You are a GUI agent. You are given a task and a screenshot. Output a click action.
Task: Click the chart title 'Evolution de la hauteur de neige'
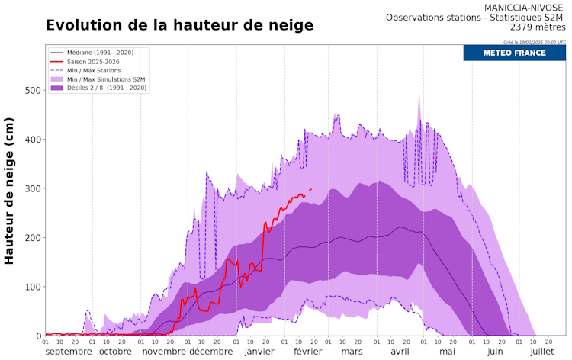coord(179,25)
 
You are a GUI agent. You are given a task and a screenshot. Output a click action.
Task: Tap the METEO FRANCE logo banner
coord(514,53)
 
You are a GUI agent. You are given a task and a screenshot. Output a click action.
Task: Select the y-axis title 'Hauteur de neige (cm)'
coord(10,191)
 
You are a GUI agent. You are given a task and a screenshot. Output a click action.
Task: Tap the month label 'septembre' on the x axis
coord(69,352)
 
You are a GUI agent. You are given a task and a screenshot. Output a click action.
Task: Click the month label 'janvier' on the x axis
coord(259,352)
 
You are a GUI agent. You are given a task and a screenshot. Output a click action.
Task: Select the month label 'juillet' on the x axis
coord(542,352)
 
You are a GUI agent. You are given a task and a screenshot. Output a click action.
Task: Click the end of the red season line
coord(311,188)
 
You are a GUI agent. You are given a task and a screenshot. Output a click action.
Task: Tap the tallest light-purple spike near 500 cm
coord(419,95)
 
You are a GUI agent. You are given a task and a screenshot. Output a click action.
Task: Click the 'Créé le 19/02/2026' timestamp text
coord(535,42)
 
